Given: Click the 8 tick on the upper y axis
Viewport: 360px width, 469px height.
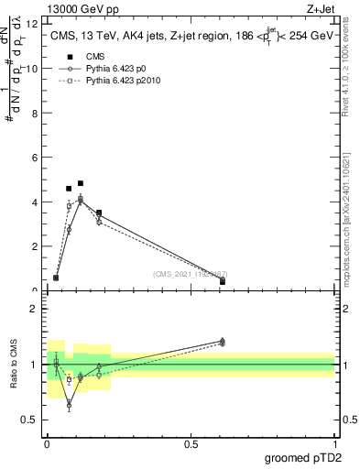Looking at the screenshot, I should coord(37,113).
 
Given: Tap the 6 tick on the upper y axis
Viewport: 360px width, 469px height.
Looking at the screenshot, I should coord(37,158).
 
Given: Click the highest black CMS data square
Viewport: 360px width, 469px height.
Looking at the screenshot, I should coord(81,183).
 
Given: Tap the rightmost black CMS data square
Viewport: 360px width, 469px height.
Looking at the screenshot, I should coord(223,281).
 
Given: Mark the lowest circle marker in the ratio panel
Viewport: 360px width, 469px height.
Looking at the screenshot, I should coord(69,404).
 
